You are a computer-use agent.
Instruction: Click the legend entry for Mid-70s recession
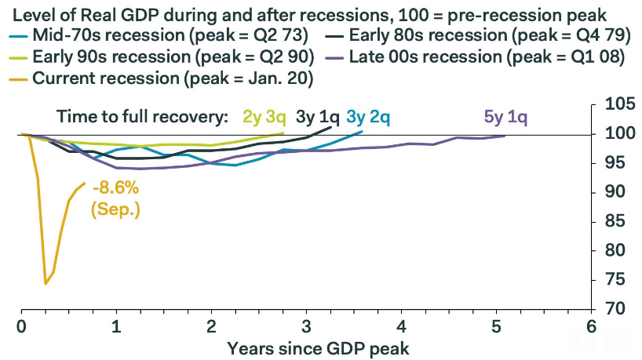tap(164, 35)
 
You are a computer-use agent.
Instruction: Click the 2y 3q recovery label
tap(265, 118)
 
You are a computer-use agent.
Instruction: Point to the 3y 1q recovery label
tap(318, 118)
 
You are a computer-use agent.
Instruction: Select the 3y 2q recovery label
tap(368, 118)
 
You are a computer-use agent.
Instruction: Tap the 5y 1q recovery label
tap(506, 118)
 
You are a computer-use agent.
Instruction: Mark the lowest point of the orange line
tap(46, 283)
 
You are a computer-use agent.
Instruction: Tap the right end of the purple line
tap(505, 136)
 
